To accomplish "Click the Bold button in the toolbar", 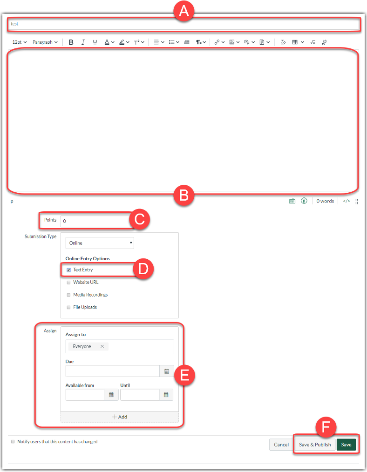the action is click(71, 42).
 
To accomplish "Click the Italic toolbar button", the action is click(83, 42).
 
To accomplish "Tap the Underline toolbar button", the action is click(95, 42).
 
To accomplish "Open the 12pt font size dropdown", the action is click(19, 42).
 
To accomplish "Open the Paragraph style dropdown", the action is click(45, 42).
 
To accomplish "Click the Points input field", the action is click(95, 221).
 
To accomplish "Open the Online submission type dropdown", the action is click(100, 243).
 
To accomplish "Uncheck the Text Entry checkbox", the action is click(68, 270).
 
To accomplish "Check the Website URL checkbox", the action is click(68, 283).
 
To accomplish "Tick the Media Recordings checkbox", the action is click(68, 295).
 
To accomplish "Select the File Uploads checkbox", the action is click(68, 307).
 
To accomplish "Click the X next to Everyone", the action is click(102, 346).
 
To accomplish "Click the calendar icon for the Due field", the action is click(166, 371).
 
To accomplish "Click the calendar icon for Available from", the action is click(111, 395).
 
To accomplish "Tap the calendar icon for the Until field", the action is click(166, 395).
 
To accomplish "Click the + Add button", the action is click(120, 417).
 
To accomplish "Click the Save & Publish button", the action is click(315, 445).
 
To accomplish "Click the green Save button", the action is click(346, 445).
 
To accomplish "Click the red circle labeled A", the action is click(183, 11).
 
